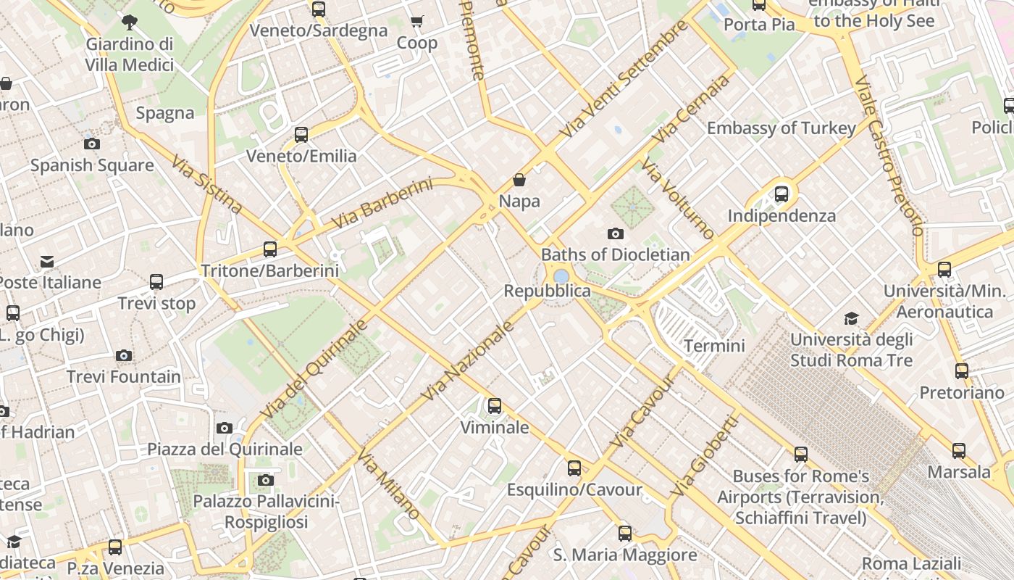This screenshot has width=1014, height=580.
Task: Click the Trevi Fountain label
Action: pos(124,377)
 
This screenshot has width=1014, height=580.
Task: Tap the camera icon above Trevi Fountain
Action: pos(124,355)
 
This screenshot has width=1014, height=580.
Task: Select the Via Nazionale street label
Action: pos(467,360)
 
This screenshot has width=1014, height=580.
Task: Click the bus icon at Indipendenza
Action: pos(781,194)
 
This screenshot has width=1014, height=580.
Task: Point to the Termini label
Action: pos(714,346)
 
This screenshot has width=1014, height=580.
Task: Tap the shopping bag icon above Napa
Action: pos(519,179)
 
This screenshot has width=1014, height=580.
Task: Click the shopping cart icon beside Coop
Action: pos(416,22)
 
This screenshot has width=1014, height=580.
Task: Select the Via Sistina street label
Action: pos(207,184)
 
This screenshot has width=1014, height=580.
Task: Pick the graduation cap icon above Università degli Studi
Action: pos(851,318)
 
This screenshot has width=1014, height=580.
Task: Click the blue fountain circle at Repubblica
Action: pos(561,276)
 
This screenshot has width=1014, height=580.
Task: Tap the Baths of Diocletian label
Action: pos(615,254)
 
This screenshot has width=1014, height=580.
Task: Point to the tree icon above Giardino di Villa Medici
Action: pos(130,22)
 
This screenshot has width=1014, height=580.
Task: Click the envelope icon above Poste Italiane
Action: pos(47,261)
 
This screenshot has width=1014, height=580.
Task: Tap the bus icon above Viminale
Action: pos(495,406)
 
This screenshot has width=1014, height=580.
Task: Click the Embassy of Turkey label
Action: pos(782,128)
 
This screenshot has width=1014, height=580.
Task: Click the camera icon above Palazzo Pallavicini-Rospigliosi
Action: pos(266,480)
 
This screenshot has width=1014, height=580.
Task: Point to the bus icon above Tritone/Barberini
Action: pos(270,249)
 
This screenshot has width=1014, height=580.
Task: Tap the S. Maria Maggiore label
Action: pos(625,555)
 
